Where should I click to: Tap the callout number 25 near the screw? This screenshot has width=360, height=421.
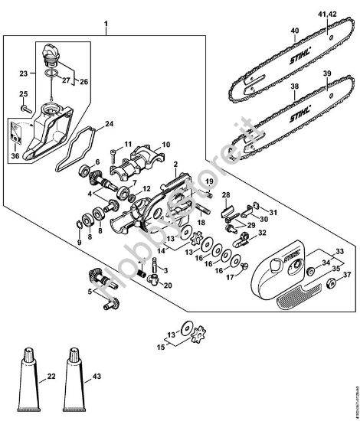click(x=22, y=94)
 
